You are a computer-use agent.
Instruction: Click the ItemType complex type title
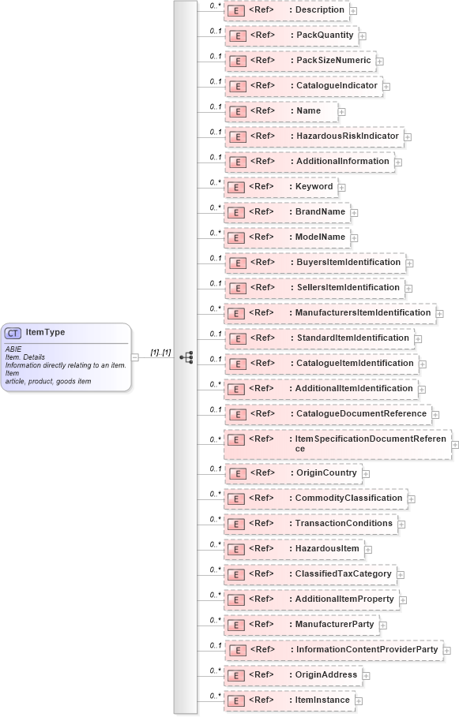click(45, 333)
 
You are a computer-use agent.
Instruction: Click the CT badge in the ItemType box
click(13, 333)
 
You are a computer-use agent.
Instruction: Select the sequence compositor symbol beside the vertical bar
click(186, 357)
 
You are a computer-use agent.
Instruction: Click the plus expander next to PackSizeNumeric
click(380, 61)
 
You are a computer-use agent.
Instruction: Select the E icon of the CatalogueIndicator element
click(235, 86)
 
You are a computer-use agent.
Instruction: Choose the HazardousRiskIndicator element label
click(348, 136)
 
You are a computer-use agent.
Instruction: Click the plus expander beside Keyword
click(342, 188)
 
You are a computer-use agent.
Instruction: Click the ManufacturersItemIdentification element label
click(363, 312)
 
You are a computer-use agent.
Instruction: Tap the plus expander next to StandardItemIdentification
click(418, 339)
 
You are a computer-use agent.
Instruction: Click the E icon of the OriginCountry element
click(235, 473)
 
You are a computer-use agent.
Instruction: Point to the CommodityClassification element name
click(348, 499)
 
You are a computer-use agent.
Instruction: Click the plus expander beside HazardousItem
click(368, 549)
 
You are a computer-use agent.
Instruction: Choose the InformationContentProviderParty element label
click(367, 649)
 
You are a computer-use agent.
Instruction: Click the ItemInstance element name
click(322, 700)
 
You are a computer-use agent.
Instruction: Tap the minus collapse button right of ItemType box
click(135, 357)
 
